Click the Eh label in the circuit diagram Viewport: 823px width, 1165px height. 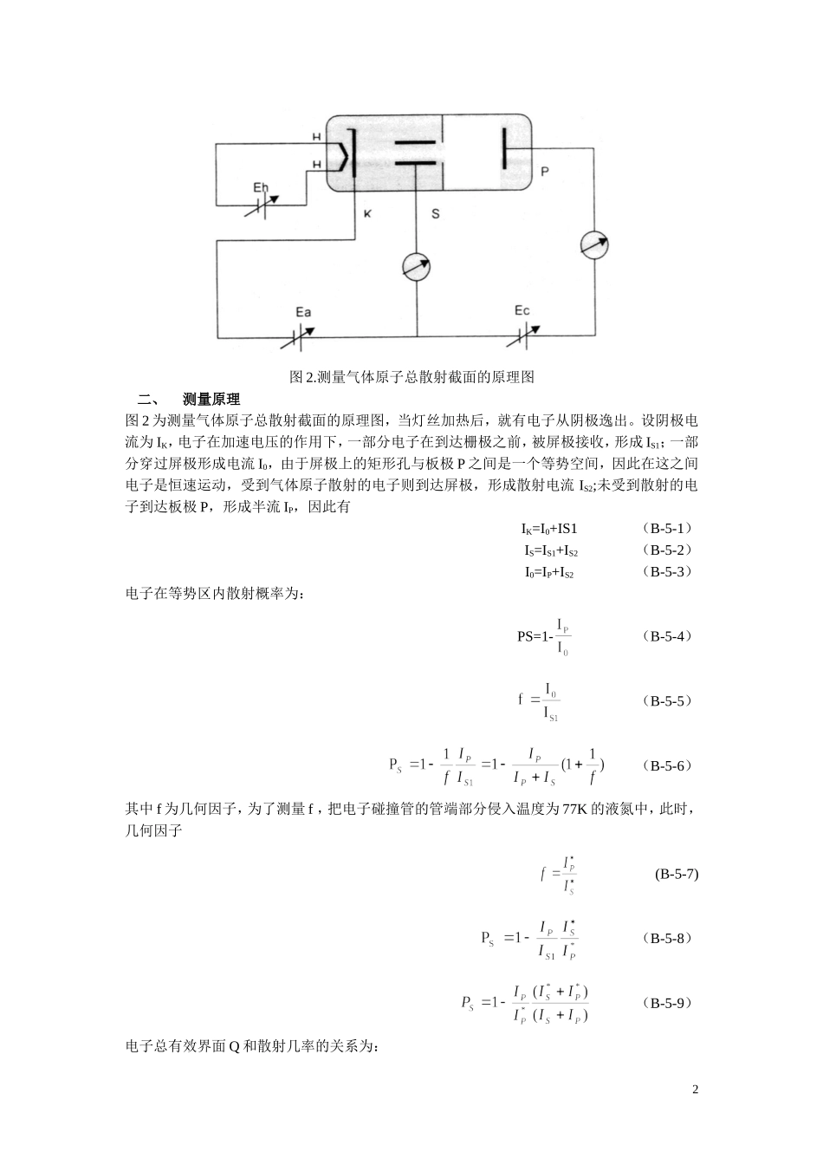(x=260, y=187)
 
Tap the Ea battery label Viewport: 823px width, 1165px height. (x=303, y=312)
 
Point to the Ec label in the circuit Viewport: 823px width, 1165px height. (x=522, y=310)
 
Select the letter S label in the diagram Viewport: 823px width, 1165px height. (x=436, y=214)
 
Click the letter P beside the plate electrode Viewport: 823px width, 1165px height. (x=544, y=172)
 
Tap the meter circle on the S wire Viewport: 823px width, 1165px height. (x=416, y=268)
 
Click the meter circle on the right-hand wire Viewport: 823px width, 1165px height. (x=594, y=244)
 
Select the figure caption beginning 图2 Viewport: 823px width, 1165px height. (x=411, y=377)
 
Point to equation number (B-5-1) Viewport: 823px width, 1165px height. (x=667, y=528)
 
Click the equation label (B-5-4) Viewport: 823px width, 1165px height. (x=667, y=636)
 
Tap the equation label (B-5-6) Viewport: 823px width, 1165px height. (x=667, y=765)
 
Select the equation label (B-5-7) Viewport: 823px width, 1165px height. (x=676, y=874)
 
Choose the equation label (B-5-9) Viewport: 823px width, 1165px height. (x=667, y=1003)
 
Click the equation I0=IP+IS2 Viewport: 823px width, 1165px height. (x=551, y=572)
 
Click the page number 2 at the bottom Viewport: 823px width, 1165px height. (x=695, y=1089)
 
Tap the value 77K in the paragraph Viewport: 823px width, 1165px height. (x=576, y=810)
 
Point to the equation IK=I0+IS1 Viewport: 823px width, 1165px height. (x=549, y=528)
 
